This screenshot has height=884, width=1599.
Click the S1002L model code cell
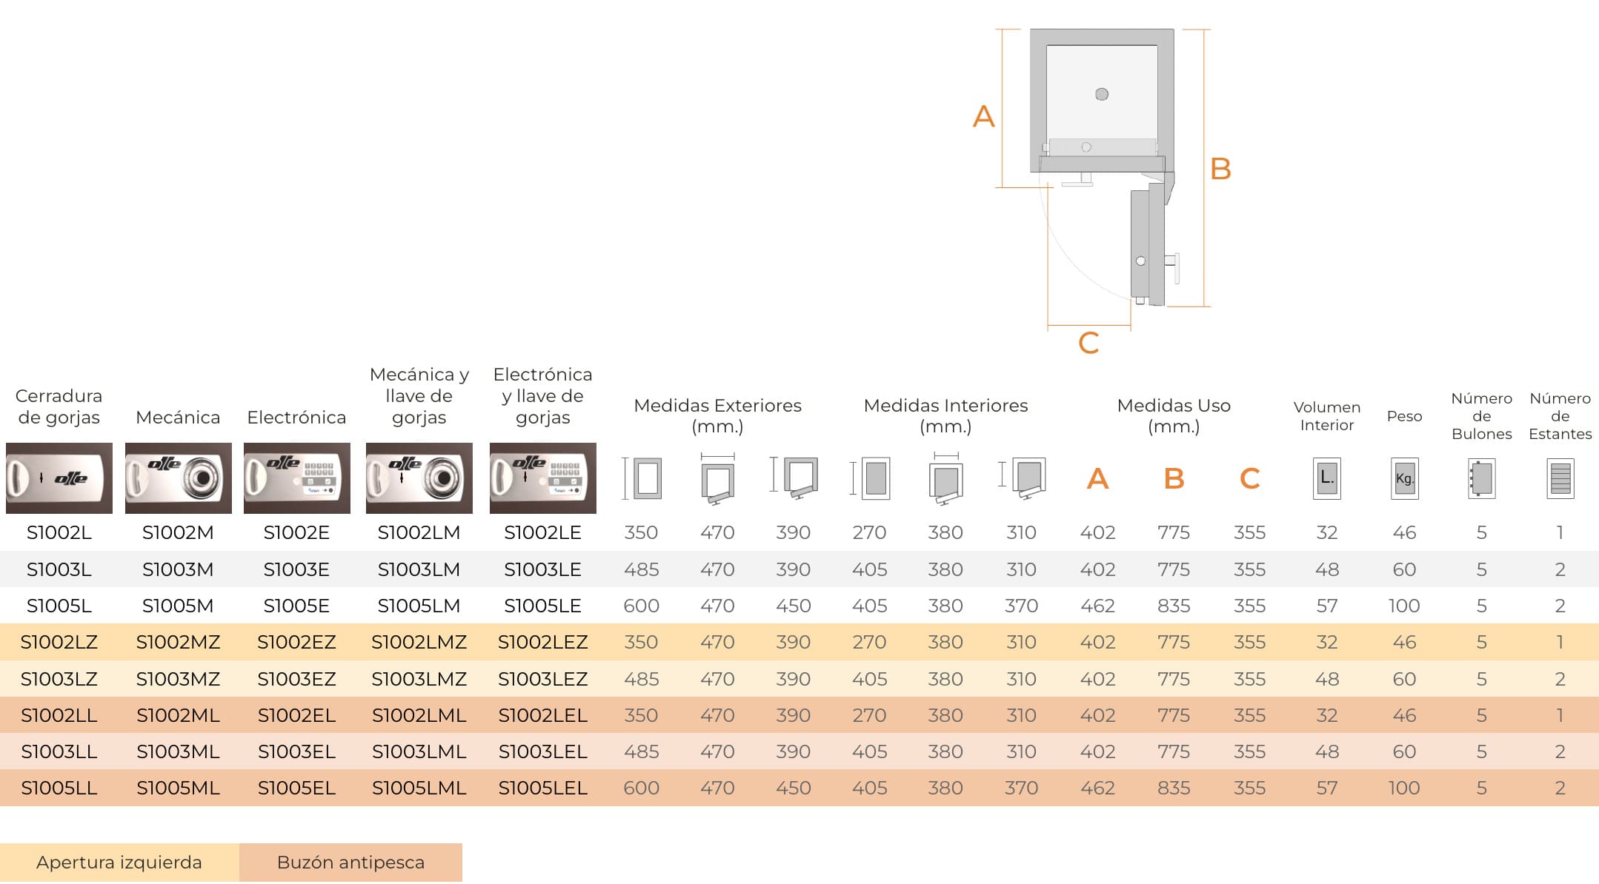pyautogui.click(x=59, y=532)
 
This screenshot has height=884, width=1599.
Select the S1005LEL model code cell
pyautogui.click(x=543, y=788)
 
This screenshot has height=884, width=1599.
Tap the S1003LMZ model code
pyautogui.click(x=419, y=679)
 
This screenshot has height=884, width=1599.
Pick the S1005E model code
pyautogui.click(x=296, y=606)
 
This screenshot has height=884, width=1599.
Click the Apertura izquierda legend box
pyautogui.click(x=119, y=863)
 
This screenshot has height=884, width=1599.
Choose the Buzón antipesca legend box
pyautogui.click(x=350, y=863)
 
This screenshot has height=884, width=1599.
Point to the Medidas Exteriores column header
pyautogui.click(x=718, y=415)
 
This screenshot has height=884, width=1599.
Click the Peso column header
pyautogui.click(x=1405, y=416)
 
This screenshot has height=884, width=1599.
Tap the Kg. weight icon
pyautogui.click(x=1405, y=478)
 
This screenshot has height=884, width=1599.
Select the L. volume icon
pyautogui.click(x=1327, y=478)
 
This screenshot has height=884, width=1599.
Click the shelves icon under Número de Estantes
pyautogui.click(x=1560, y=478)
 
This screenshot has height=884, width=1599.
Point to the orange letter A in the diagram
pyautogui.click(x=983, y=116)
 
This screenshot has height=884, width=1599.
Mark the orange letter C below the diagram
pyautogui.click(x=1088, y=343)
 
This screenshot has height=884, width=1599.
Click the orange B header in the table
pyautogui.click(x=1174, y=478)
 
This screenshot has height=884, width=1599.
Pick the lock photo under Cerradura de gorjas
pyautogui.click(x=59, y=478)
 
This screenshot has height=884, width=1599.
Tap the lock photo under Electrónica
pyautogui.click(x=297, y=478)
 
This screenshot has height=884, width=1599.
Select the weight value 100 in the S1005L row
pyautogui.click(x=1404, y=606)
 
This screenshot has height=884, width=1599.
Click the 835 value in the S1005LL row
pyautogui.click(x=1174, y=788)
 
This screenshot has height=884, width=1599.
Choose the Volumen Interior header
pyautogui.click(x=1327, y=416)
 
